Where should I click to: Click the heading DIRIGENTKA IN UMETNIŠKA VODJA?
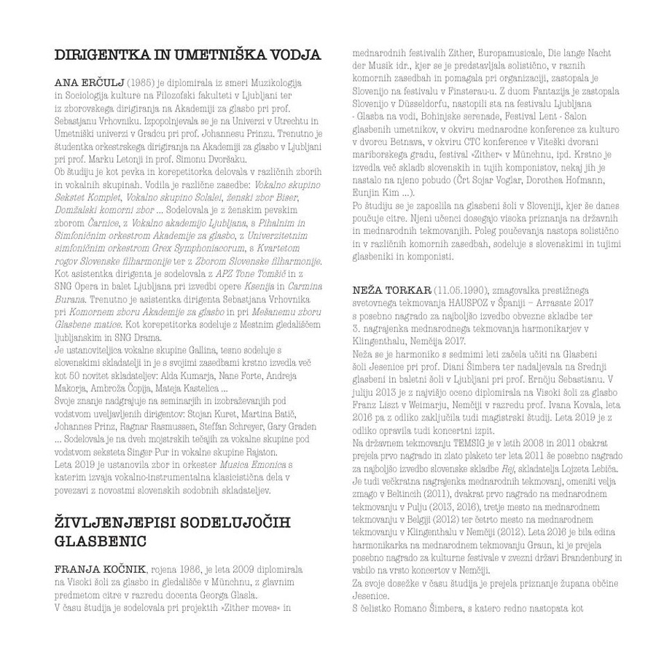187,55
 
